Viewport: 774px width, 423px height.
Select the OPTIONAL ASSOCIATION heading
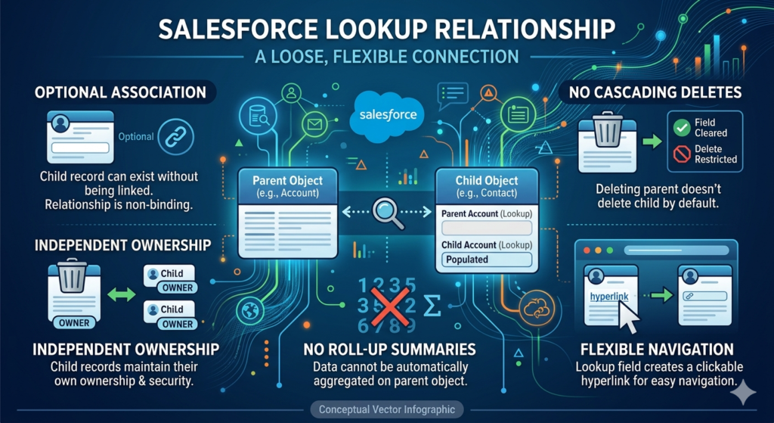(x=120, y=92)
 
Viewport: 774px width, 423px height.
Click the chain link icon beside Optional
(x=179, y=136)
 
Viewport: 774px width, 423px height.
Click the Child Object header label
(x=487, y=181)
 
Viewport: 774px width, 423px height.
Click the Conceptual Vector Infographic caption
(x=386, y=409)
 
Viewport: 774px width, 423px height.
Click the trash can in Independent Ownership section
(x=74, y=277)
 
